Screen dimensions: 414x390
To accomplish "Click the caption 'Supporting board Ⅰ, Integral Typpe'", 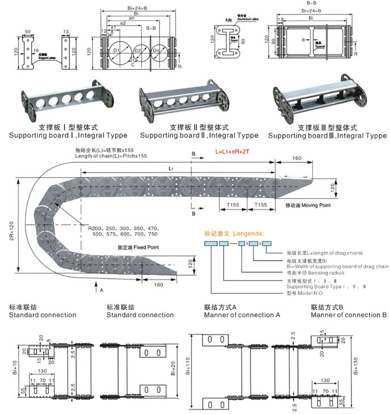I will (x=68, y=136).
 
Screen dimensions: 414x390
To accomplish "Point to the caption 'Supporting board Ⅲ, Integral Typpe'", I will (x=328, y=136).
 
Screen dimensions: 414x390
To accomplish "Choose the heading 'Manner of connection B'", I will (x=349, y=315).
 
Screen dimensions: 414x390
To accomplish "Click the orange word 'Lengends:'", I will (x=246, y=233).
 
